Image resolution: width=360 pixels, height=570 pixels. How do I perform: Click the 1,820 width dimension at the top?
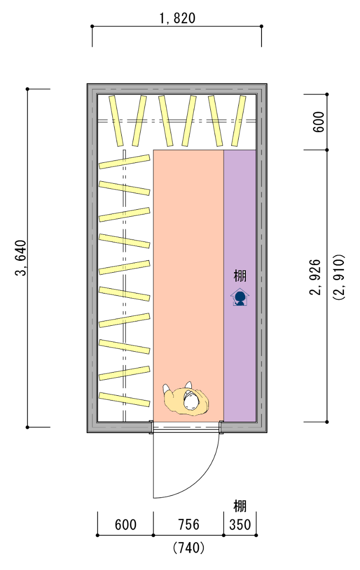(x=178, y=18)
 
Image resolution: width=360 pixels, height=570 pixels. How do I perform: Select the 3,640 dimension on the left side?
(x=21, y=258)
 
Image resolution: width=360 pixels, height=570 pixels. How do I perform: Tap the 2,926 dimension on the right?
(x=315, y=277)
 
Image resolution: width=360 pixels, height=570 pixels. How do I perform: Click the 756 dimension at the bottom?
(x=189, y=525)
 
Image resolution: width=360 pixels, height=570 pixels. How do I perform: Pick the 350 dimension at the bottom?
(x=240, y=525)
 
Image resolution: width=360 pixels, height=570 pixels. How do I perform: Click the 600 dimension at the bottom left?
(x=126, y=525)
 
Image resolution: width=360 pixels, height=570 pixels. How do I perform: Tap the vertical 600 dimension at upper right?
(x=318, y=122)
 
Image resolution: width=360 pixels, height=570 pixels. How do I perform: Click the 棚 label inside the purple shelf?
(x=240, y=276)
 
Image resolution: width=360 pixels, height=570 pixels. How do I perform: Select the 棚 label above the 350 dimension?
(x=240, y=507)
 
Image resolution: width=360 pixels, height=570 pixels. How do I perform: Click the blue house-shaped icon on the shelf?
(x=240, y=297)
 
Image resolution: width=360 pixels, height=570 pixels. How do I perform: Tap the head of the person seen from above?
(x=191, y=402)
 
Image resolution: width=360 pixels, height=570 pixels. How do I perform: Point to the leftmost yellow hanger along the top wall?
(x=116, y=121)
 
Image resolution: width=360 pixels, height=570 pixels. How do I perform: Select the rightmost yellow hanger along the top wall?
(x=239, y=121)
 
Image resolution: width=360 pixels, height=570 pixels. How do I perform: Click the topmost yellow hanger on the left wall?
(x=124, y=161)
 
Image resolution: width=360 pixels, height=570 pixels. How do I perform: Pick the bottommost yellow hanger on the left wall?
(x=124, y=400)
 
